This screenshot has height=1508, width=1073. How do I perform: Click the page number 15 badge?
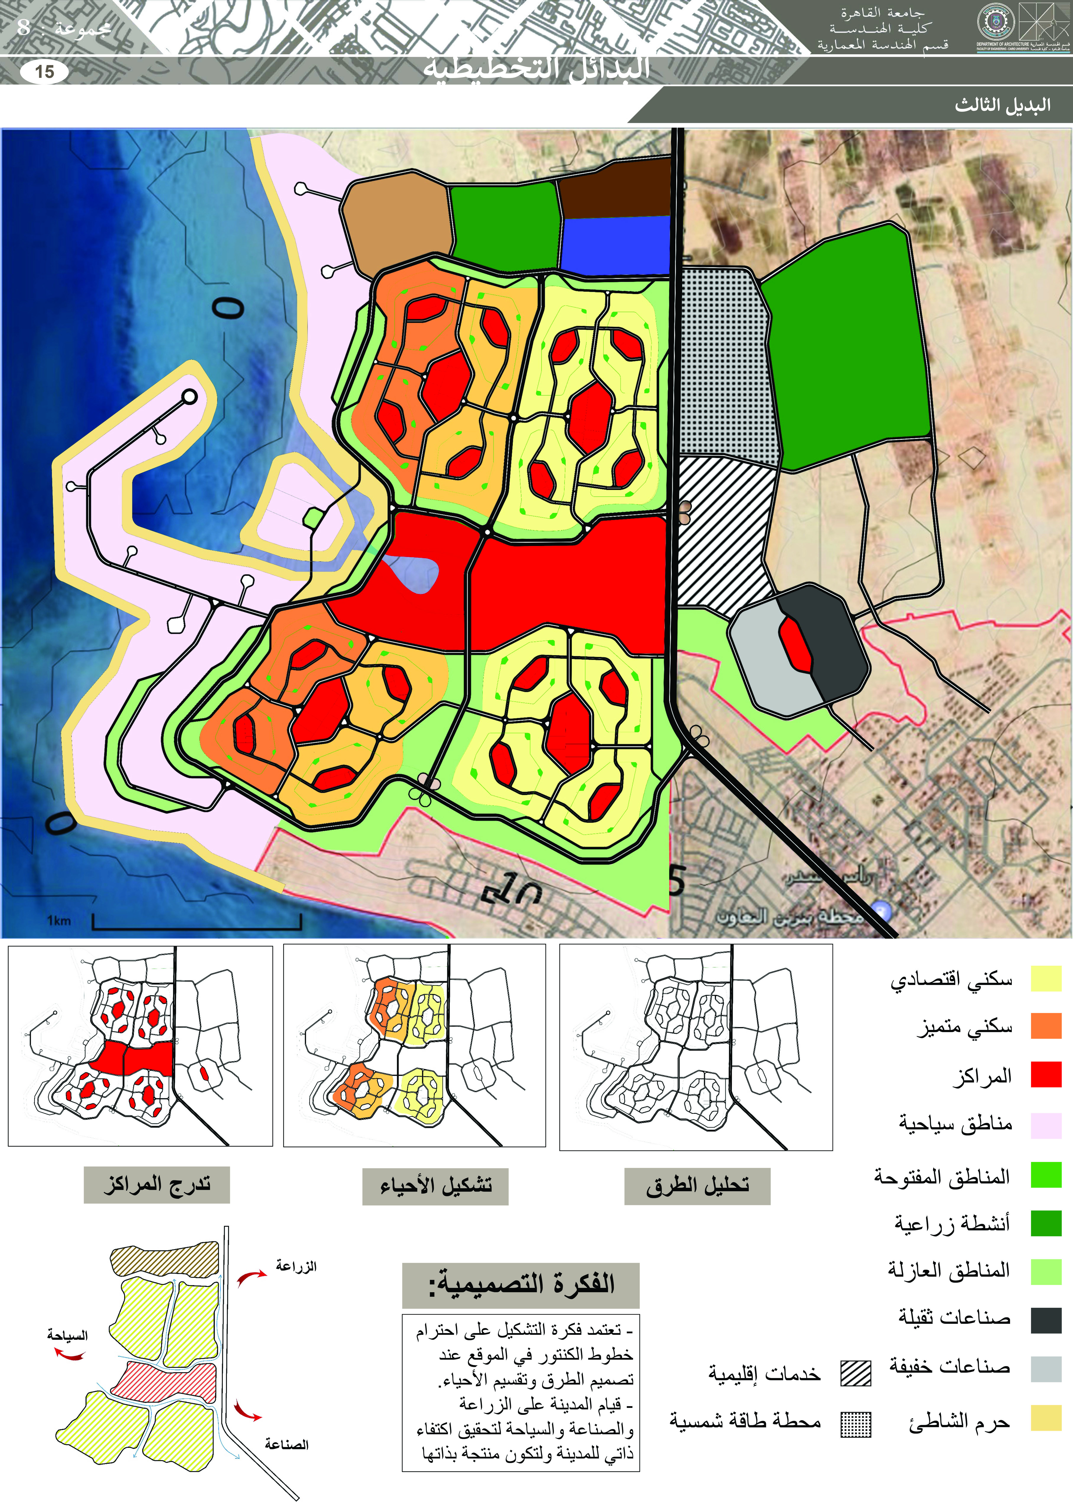44,71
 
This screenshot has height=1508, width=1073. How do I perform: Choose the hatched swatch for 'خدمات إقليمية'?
856,1373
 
